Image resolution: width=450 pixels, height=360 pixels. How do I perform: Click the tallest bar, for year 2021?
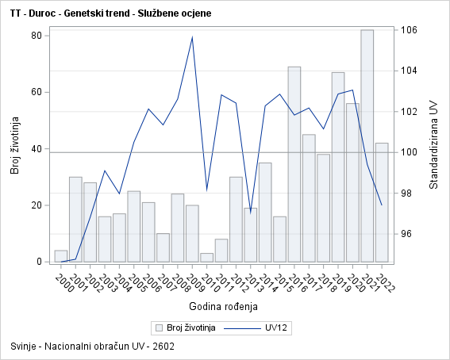367,146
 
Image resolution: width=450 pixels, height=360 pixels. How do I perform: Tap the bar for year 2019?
338,167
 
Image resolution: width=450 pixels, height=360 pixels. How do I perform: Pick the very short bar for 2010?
206,257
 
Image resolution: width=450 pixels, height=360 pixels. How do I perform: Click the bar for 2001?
75,219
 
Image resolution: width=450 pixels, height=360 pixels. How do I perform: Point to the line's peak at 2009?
192,37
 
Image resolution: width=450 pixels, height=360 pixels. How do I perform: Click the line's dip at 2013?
250,213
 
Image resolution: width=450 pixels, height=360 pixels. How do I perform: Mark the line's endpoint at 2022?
382,205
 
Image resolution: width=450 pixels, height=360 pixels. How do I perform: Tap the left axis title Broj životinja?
13,146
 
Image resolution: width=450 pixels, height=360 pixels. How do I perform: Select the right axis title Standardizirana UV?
433,145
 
